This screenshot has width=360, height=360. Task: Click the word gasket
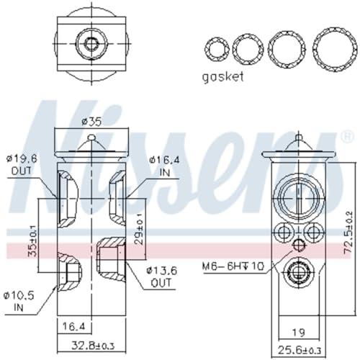coord(223,77)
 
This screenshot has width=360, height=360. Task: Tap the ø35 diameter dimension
coord(91,122)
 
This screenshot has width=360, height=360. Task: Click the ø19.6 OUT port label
coord(22,165)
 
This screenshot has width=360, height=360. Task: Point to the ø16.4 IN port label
coord(165,166)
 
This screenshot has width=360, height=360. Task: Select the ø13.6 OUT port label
coord(162,276)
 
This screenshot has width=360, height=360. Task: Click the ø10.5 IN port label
coord(19,302)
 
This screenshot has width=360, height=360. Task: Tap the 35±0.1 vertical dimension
coord(32,240)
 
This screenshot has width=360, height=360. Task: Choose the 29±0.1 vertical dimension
coord(139,229)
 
